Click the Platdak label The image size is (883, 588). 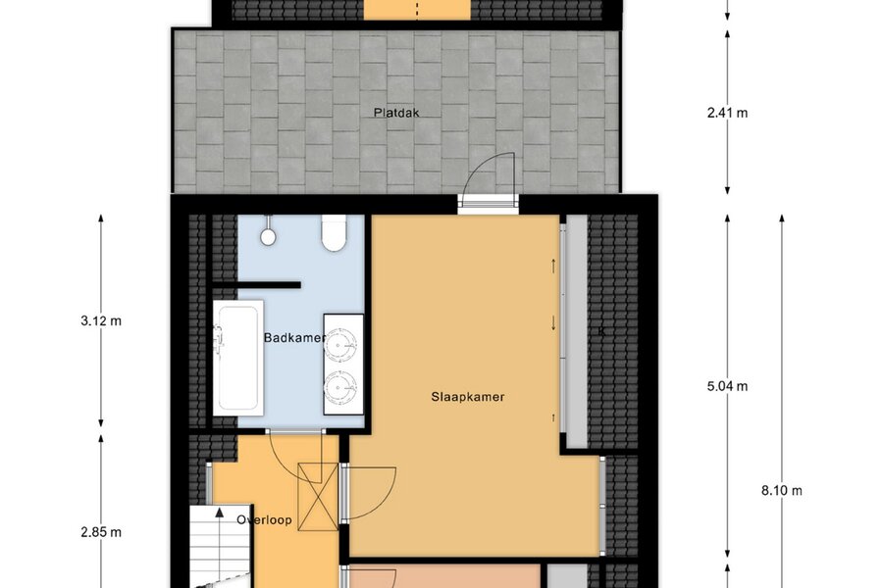(x=396, y=113)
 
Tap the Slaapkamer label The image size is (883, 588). (x=467, y=397)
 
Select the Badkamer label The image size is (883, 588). (x=294, y=337)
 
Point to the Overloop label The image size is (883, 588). (x=264, y=519)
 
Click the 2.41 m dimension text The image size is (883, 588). (x=727, y=113)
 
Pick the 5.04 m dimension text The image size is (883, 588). (x=727, y=386)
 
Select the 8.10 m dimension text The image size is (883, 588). (x=782, y=491)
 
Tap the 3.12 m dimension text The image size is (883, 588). (x=101, y=320)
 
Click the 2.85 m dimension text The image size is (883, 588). (x=101, y=532)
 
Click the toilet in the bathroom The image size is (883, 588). (x=334, y=233)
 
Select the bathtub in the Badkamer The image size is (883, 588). (x=238, y=358)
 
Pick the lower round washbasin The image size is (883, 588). (x=340, y=386)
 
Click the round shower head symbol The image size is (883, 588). (x=268, y=237)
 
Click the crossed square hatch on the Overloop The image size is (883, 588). (x=318, y=496)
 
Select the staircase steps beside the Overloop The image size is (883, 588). (x=219, y=547)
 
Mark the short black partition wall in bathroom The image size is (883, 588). (x=256, y=285)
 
